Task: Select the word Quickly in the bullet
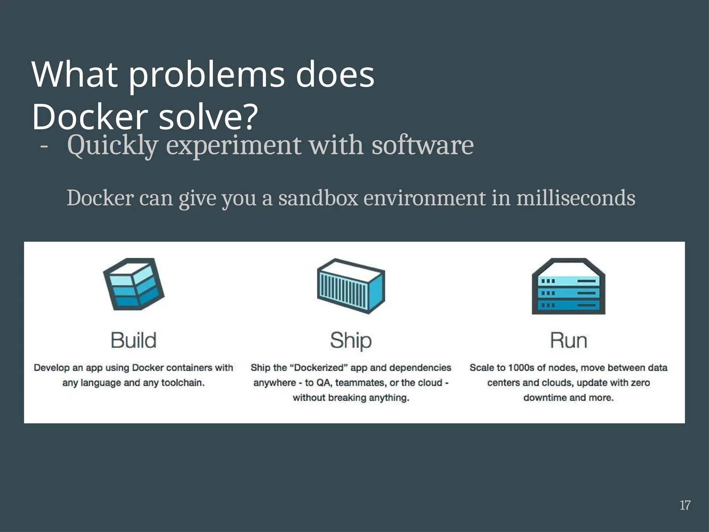tap(113, 146)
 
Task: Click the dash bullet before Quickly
tap(44, 146)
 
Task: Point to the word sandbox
tap(318, 198)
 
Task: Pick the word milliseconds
tap(576, 198)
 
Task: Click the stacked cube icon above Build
tap(134, 284)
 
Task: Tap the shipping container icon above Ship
tap(351, 286)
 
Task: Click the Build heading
tap(134, 340)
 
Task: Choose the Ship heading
tap(351, 340)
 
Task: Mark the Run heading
tap(568, 340)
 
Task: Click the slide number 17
tap(685, 505)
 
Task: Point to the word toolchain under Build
tap(183, 383)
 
